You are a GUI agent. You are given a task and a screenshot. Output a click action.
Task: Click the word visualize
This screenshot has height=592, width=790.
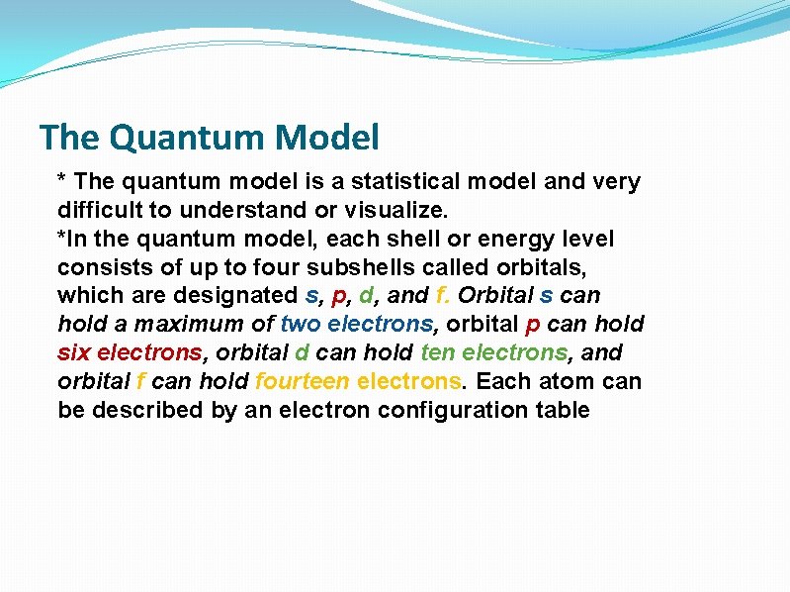[x=395, y=210]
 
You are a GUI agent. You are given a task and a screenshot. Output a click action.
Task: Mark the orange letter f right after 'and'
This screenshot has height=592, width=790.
[x=439, y=296]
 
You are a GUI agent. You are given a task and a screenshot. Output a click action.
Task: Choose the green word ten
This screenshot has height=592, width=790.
[x=436, y=352]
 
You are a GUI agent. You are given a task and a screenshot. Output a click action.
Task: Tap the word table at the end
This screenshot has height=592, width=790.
[x=560, y=410]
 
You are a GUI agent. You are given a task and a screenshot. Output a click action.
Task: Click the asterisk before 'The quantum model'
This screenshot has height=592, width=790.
[x=63, y=179]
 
